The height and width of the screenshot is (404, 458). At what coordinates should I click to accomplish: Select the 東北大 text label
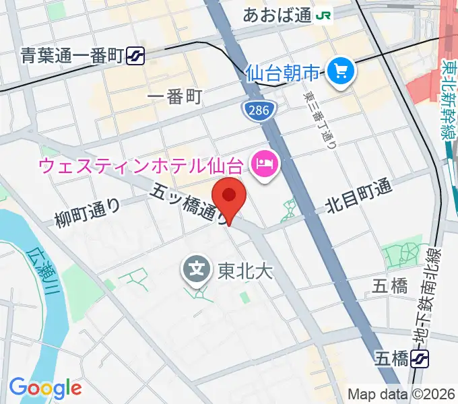[x=237, y=271]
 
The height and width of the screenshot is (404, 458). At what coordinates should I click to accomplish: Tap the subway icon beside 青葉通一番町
[x=137, y=56]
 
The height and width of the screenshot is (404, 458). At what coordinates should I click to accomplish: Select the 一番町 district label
[x=174, y=97]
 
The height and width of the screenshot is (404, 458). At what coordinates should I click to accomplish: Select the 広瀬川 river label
[x=40, y=272]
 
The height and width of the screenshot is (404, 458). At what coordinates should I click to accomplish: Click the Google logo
[x=44, y=388]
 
